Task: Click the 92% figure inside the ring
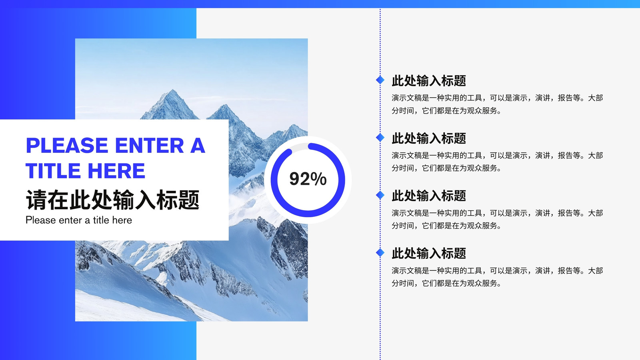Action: [x=308, y=179]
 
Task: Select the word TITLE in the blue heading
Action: [x=53, y=171]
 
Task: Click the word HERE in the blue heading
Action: [x=116, y=171]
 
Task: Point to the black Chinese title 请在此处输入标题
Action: [x=112, y=200]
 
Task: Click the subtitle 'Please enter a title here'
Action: [x=79, y=220]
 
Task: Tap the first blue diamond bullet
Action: [x=380, y=80]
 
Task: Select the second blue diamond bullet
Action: [x=380, y=138]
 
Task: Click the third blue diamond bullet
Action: [x=380, y=195]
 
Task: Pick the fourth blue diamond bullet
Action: [x=380, y=252]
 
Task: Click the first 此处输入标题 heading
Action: [x=428, y=80]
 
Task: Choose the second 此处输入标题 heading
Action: [x=428, y=138]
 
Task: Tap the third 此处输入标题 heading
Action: [x=428, y=196]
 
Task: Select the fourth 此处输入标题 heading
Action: [x=428, y=254]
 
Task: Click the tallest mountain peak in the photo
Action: [x=172, y=90]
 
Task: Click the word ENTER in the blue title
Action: [x=150, y=146]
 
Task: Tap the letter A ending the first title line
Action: [x=198, y=146]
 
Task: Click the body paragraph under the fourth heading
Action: [x=497, y=277]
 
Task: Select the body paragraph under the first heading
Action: [x=497, y=104]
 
